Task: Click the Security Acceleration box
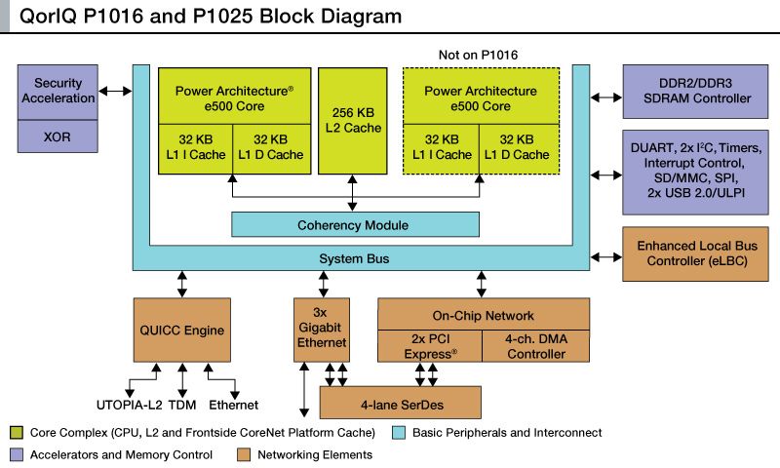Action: (x=58, y=91)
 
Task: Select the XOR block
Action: (x=58, y=136)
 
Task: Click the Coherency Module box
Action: (x=355, y=224)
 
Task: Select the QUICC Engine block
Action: (x=180, y=331)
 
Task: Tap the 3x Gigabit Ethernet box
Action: (x=321, y=331)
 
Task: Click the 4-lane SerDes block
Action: (x=401, y=402)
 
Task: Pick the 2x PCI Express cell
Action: (x=430, y=346)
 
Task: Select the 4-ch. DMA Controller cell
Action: (x=536, y=346)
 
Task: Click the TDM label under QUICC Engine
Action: (x=183, y=405)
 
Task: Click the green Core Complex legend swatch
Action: (x=17, y=432)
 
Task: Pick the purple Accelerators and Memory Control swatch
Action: (x=17, y=453)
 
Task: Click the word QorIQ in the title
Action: (x=49, y=15)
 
